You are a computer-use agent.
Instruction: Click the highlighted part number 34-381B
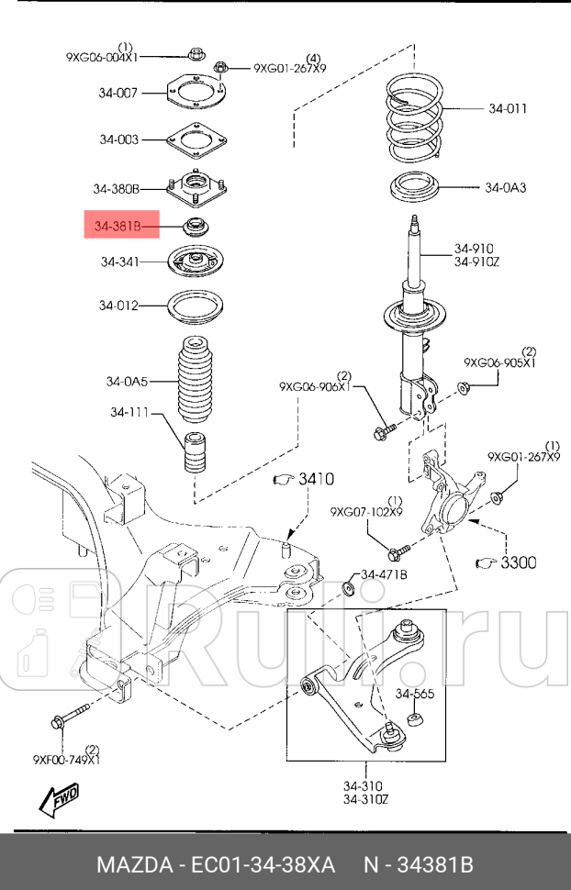[120, 223]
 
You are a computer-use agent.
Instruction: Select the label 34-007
[118, 92]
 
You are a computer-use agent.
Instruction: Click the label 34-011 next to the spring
[507, 108]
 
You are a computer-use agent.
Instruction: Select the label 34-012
[118, 305]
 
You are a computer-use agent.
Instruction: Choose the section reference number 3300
[518, 562]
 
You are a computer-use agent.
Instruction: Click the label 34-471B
[383, 574]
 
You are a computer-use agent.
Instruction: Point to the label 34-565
[414, 693]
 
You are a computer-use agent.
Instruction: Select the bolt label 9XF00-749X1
[67, 759]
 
